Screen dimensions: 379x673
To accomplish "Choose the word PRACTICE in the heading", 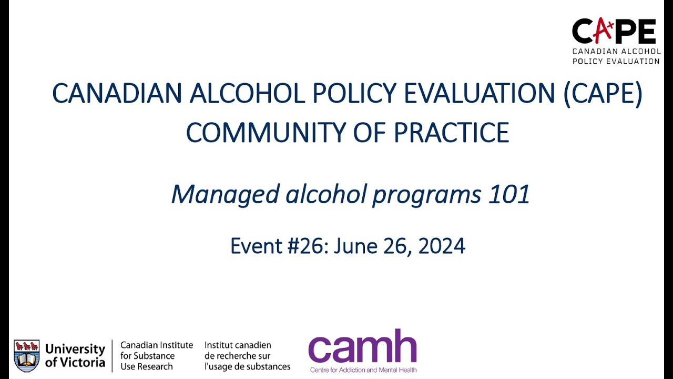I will point(451,133).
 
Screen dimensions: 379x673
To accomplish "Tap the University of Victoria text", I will point(75,356).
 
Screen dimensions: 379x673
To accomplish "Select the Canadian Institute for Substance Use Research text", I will point(156,356).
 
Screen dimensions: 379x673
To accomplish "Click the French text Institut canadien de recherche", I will point(247,356).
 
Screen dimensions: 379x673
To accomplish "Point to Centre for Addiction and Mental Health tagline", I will point(363,370).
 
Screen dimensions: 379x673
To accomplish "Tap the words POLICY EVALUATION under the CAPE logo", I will point(616,61).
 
